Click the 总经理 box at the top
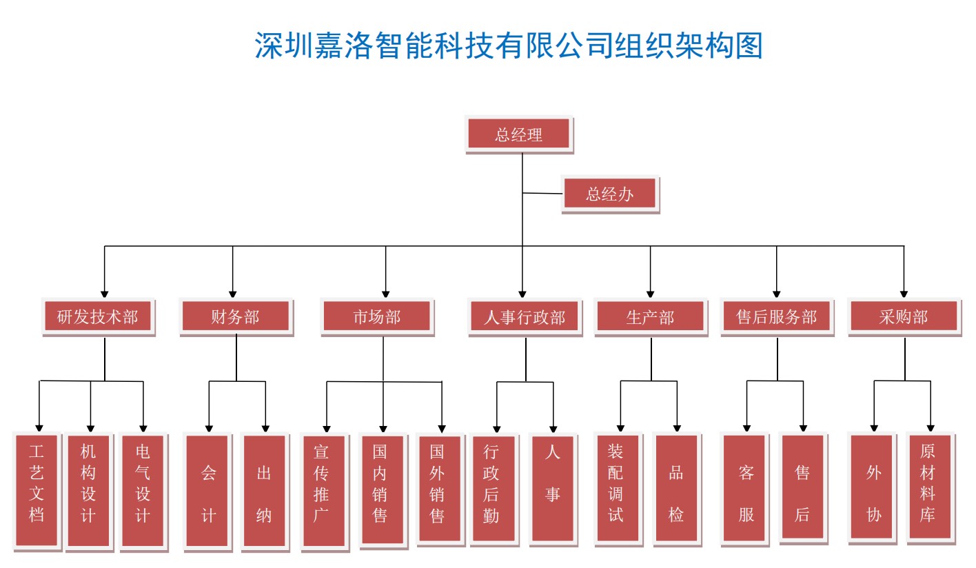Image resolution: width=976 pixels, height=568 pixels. pyautogui.click(x=518, y=134)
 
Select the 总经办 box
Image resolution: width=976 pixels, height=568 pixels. pyautogui.click(x=610, y=194)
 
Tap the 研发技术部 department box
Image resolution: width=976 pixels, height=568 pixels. pyautogui.click(x=98, y=317)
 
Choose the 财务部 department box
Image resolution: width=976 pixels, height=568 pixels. pyautogui.click(x=236, y=317)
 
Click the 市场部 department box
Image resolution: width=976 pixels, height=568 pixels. pyautogui.click(x=377, y=317)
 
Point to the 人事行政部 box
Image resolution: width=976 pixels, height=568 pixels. pyautogui.click(x=525, y=317)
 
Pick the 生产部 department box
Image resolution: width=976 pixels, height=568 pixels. pyautogui.click(x=650, y=317)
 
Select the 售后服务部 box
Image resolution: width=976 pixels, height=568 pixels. pyautogui.click(x=776, y=317)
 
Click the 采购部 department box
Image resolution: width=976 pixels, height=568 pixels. pyautogui.click(x=904, y=317)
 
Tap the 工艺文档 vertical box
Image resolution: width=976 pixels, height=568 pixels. pyautogui.click(x=37, y=489)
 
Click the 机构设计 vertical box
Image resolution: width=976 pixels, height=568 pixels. pyautogui.click(x=88, y=490)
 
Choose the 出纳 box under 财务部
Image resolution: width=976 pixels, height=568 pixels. pyautogui.click(x=264, y=490)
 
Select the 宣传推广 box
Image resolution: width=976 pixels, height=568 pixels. pyautogui.click(x=323, y=490)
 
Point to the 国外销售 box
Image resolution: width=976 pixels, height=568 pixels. pyautogui.click(x=438, y=489)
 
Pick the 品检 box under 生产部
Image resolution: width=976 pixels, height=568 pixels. pyautogui.click(x=676, y=489)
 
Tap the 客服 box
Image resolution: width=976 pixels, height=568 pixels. pyautogui.click(x=745, y=489)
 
